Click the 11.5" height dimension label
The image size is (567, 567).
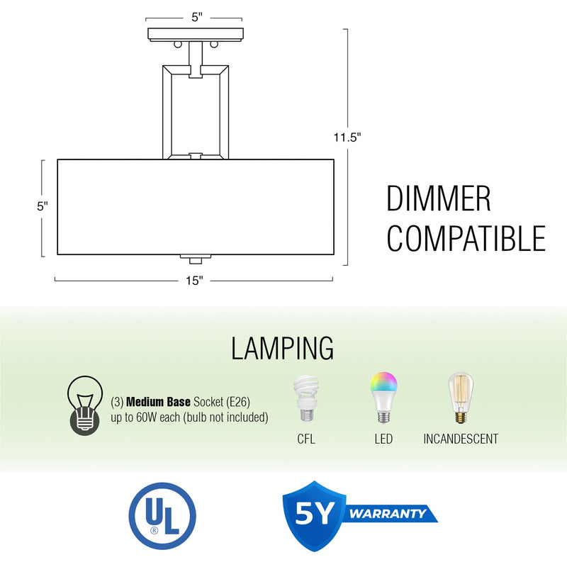coord(348,138)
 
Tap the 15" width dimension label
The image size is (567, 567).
coord(195,281)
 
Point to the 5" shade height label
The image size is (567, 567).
coord(43,206)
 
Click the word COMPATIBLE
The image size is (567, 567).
coord(466,238)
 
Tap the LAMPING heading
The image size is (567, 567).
coord(283,349)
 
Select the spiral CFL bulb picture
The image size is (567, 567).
coord(306,402)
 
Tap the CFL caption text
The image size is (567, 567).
coord(306,439)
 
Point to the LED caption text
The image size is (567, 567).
coord(383,439)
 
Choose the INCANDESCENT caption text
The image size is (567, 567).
coord(461,439)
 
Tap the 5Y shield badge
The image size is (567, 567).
coord(313,515)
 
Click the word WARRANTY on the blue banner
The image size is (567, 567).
coord(390,512)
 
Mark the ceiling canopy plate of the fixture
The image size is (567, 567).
coord(196,33)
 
